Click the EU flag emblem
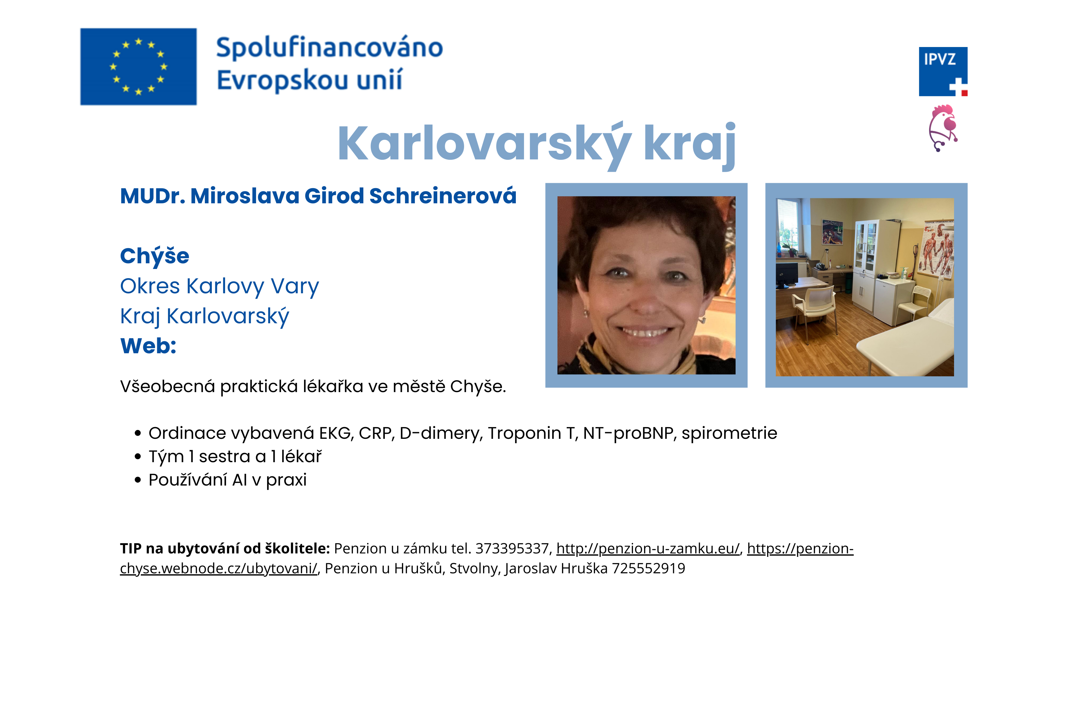click(x=138, y=67)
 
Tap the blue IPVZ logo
click(x=943, y=72)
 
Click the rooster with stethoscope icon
click(x=943, y=128)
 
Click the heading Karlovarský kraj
click(x=537, y=144)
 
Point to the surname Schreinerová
click(x=443, y=196)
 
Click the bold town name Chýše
click(x=154, y=256)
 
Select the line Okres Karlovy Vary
click(x=219, y=286)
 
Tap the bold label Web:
click(x=148, y=346)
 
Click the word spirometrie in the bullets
click(x=729, y=433)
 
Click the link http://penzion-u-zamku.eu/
click(x=647, y=548)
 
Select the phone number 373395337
click(x=513, y=548)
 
